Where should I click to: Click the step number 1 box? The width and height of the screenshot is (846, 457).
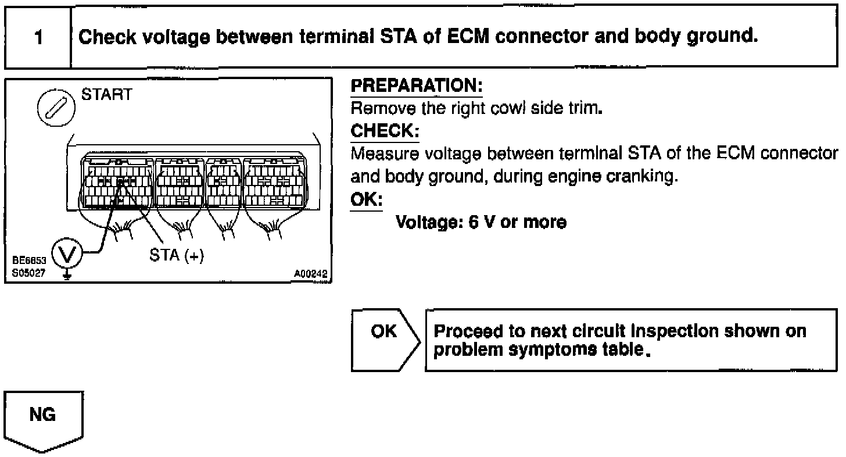pyautogui.click(x=38, y=38)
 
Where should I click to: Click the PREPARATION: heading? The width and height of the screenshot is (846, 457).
pyautogui.click(x=417, y=86)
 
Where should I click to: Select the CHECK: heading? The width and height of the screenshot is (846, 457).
pyautogui.click(x=385, y=131)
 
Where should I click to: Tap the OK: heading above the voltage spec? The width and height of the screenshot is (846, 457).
pyautogui.click(x=367, y=199)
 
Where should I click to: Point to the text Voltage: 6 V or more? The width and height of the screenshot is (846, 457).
pyautogui.click(x=481, y=222)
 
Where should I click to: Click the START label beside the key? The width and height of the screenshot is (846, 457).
pyautogui.click(x=107, y=95)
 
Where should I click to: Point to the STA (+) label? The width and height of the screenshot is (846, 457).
pyautogui.click(x=177, y=256)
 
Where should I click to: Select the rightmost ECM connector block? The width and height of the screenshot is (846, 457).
pyautogui.click(x=273, y=182)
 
